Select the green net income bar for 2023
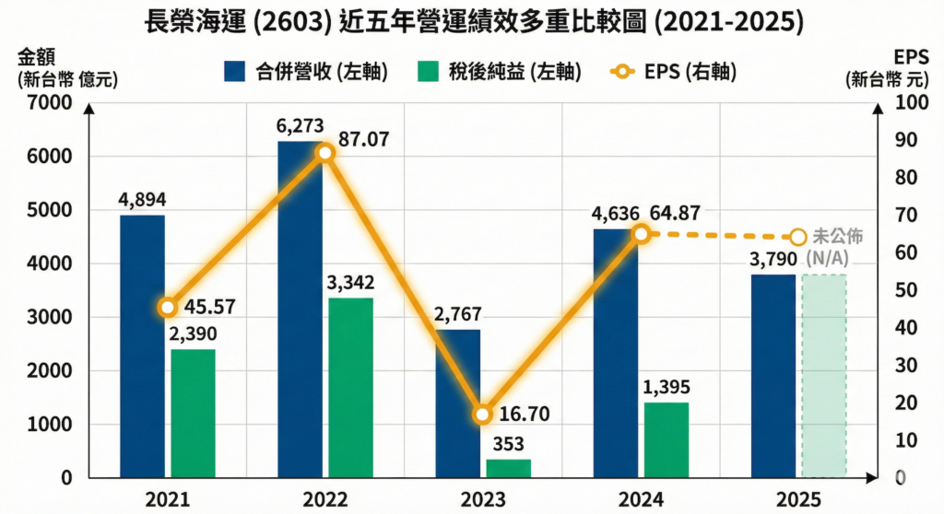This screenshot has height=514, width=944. point(509,468)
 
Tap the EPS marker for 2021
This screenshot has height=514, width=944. point(167,308)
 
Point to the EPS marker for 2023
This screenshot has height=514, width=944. point(482,415)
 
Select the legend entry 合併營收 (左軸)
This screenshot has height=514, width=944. point(305,72)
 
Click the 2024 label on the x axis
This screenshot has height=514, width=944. point(640,500)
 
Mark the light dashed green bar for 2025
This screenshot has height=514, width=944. point(824,376)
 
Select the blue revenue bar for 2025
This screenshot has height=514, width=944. point(773,376)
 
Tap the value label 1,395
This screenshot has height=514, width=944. point(667,387)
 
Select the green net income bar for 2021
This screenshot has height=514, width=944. point(193,414)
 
